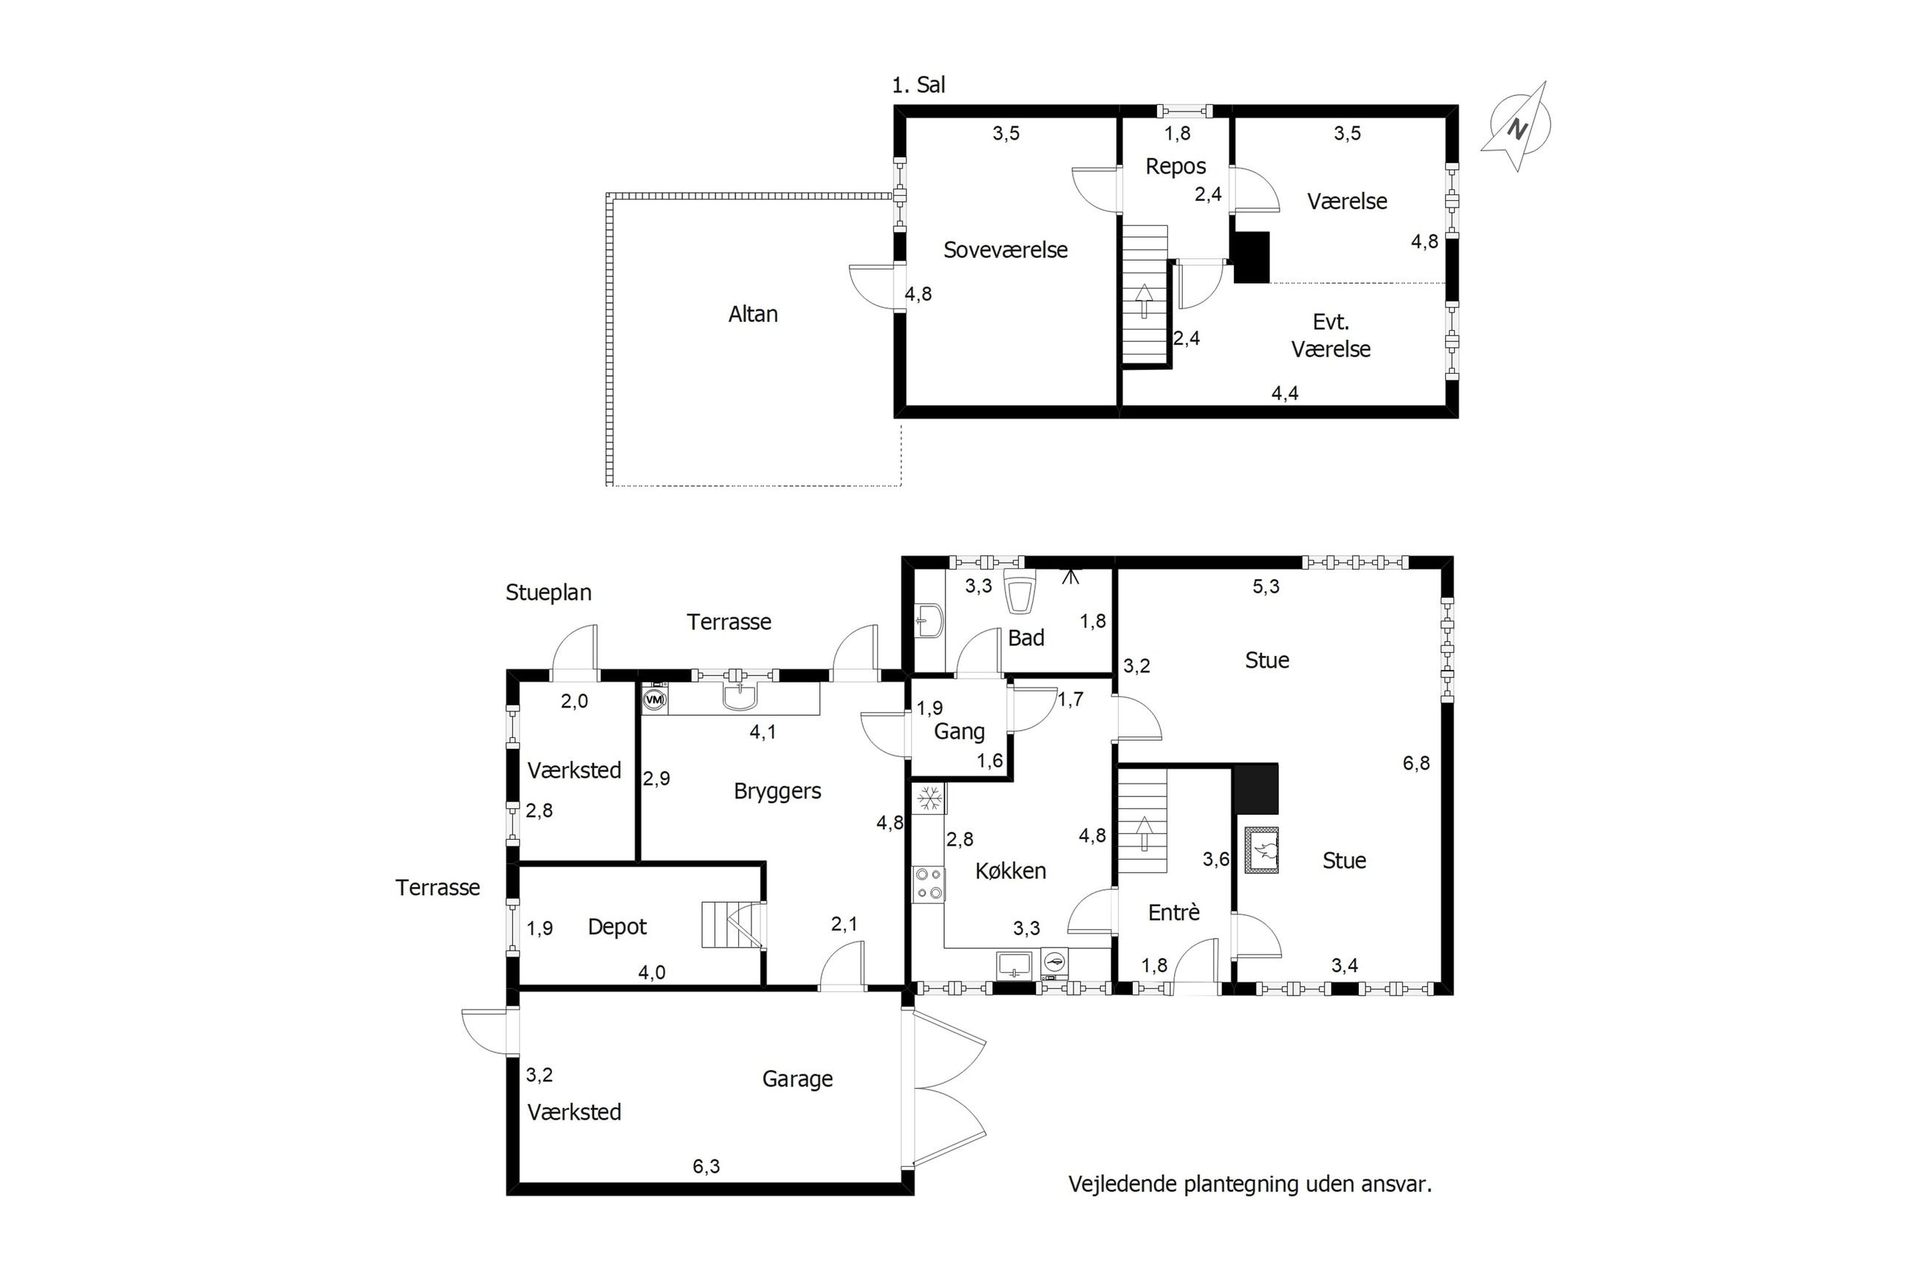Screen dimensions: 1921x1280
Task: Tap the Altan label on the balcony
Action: click(x=753, y=315)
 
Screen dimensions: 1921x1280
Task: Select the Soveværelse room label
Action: click(x=1005, y=250)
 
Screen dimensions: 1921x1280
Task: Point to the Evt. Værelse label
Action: click(x=1330, y=335)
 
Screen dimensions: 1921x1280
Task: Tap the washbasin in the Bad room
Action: click(x=929, y=621)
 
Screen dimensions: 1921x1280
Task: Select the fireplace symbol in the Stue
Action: click(x=1261, y=851)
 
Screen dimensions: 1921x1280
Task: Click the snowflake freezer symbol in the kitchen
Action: click(x=928, y=799)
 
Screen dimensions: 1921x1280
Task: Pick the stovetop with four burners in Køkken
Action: click(x=928, y=884)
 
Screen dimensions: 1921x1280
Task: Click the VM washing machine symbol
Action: click(x=655, y=699)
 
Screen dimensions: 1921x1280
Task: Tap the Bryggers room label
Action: click(x=777, y=791)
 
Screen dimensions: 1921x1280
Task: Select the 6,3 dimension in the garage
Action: click(x=706, y=1166)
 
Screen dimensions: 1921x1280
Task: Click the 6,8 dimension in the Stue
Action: click(x=1416, y=763)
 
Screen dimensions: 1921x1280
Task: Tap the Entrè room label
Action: click(x=1173, y=913)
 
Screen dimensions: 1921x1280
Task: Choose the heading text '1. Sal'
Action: click(x=918, y=85)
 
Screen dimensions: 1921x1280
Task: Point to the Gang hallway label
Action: click(x=959, y=731)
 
